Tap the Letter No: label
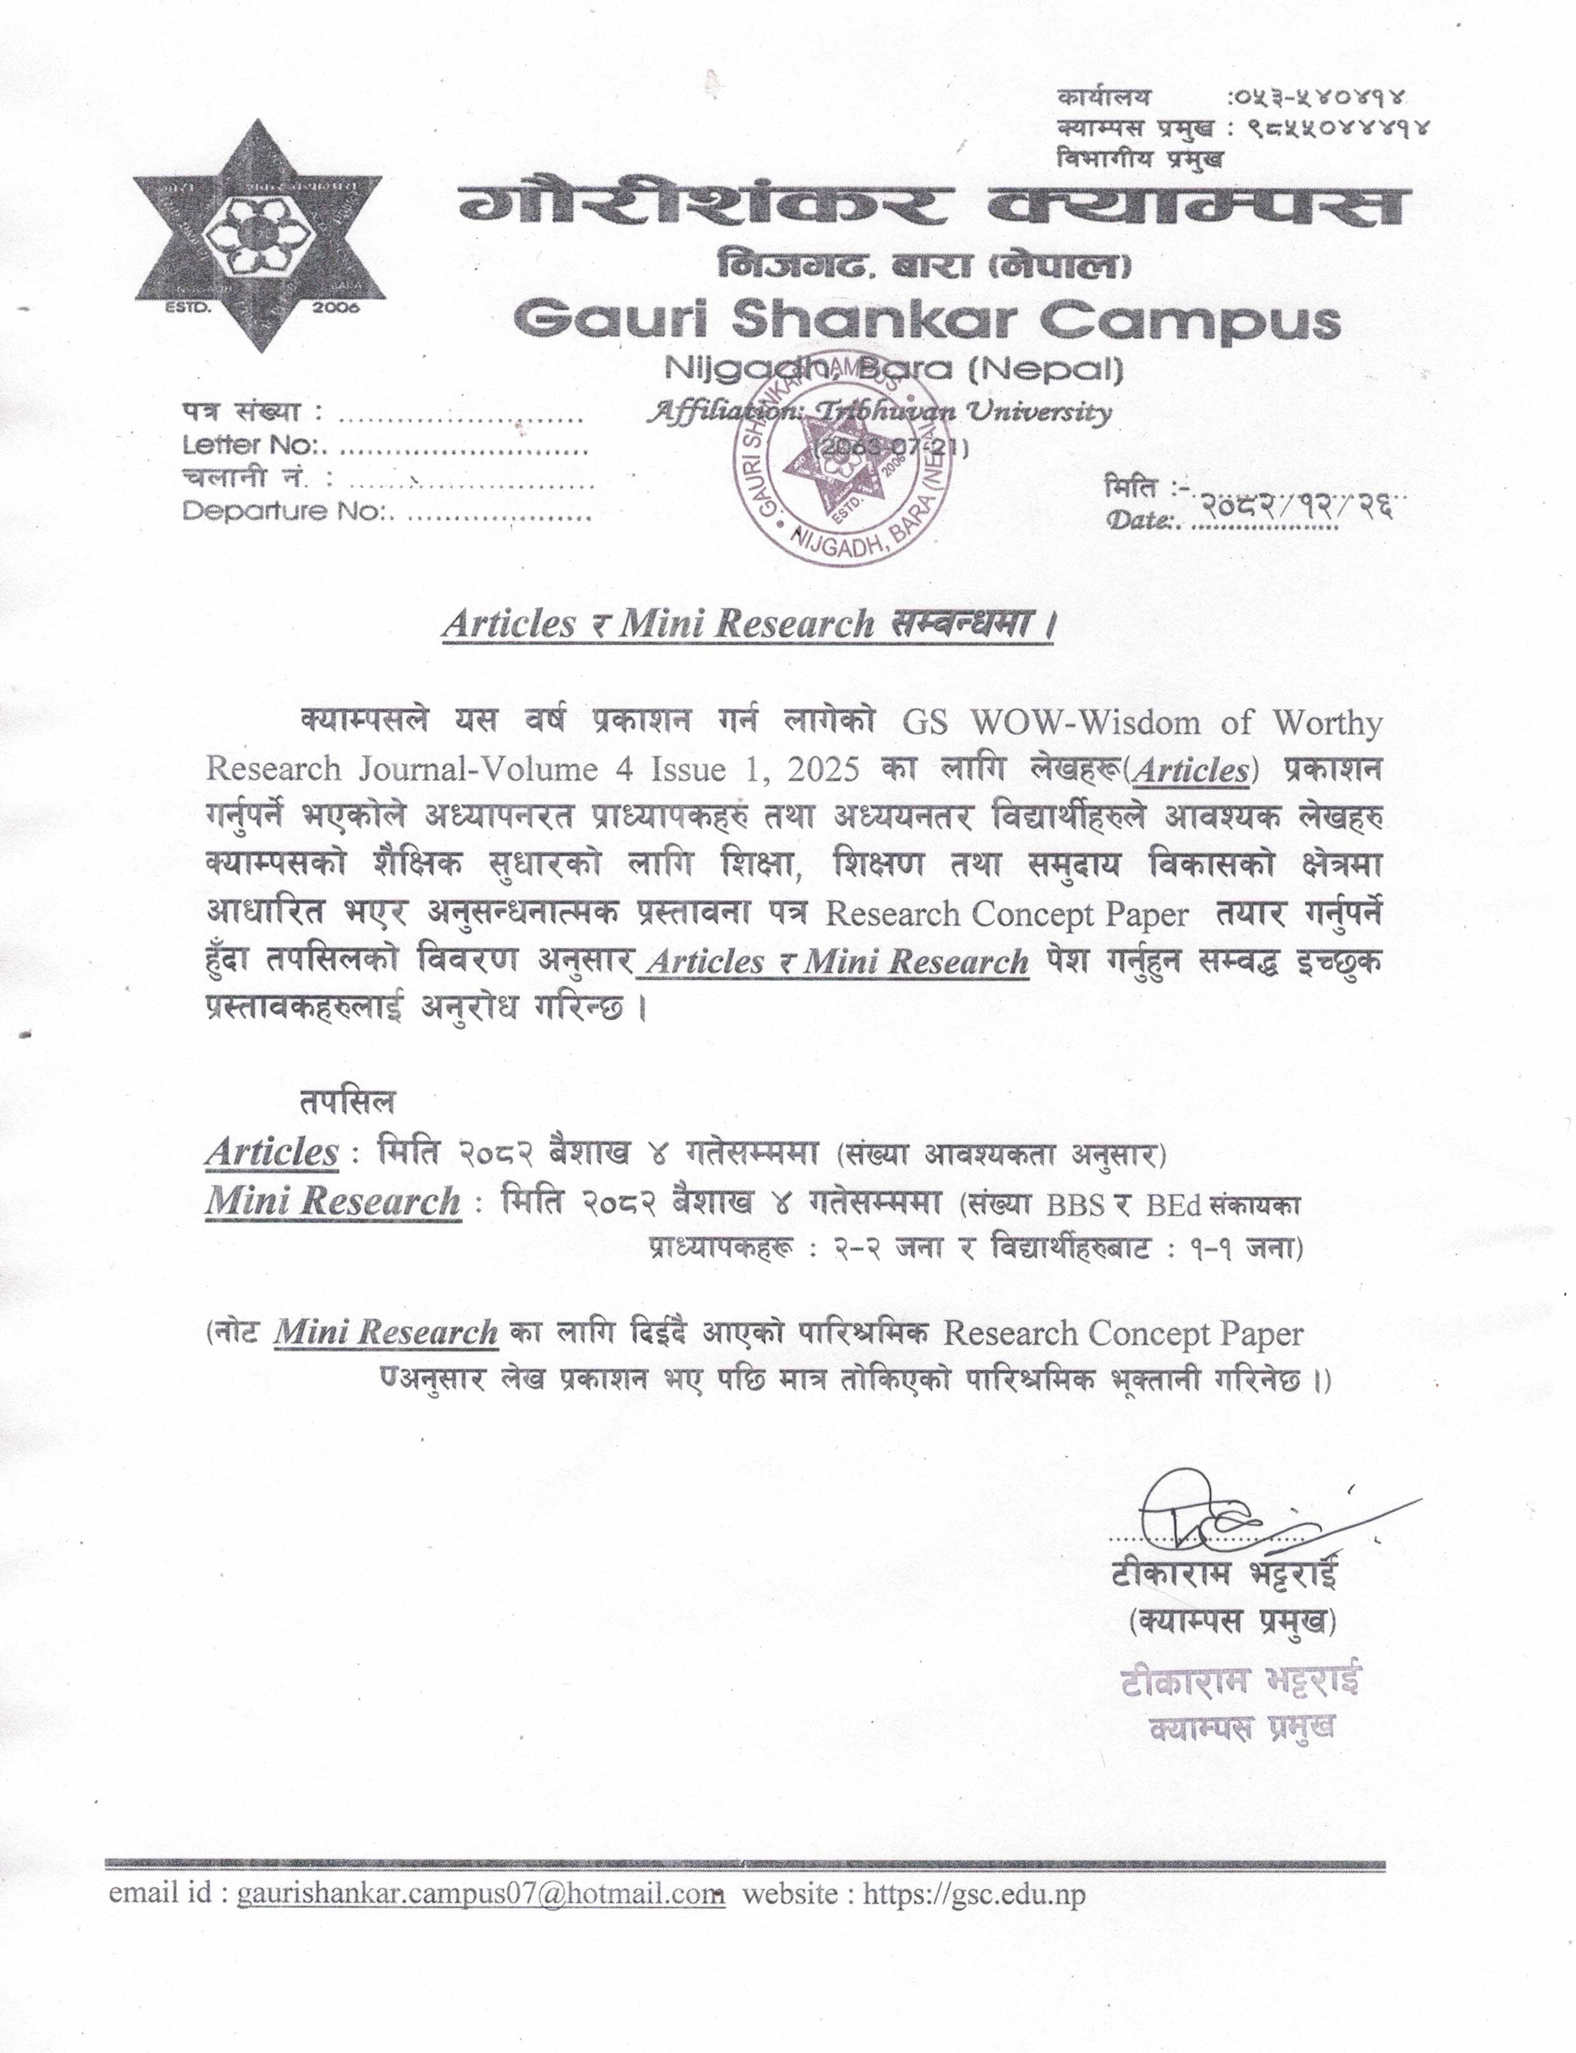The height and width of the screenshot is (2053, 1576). point(254,445)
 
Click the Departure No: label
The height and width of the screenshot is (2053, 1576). point(290,511)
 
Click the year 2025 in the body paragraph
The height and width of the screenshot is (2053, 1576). point(824,769)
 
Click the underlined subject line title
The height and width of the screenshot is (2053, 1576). point(748,624)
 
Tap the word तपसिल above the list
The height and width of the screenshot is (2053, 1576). point(347,1102)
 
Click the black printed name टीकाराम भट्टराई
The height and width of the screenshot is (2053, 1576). point(1224,1574)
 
